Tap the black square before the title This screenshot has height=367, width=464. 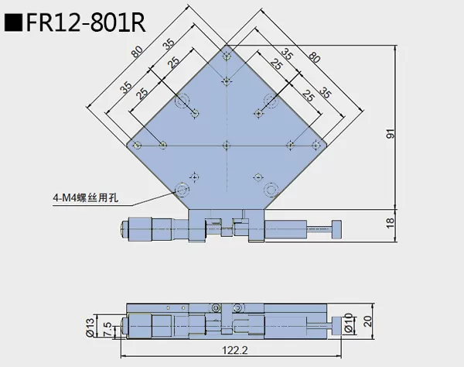tap(13, 21)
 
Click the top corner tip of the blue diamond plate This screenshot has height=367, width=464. tap(226, 46)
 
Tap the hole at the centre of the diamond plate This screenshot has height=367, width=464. tap(226, 145)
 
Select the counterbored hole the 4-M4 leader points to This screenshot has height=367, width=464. tap(182, 188)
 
